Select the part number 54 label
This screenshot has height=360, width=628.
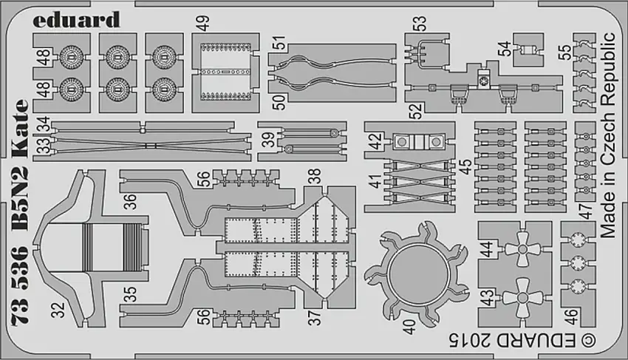[503, 50]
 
